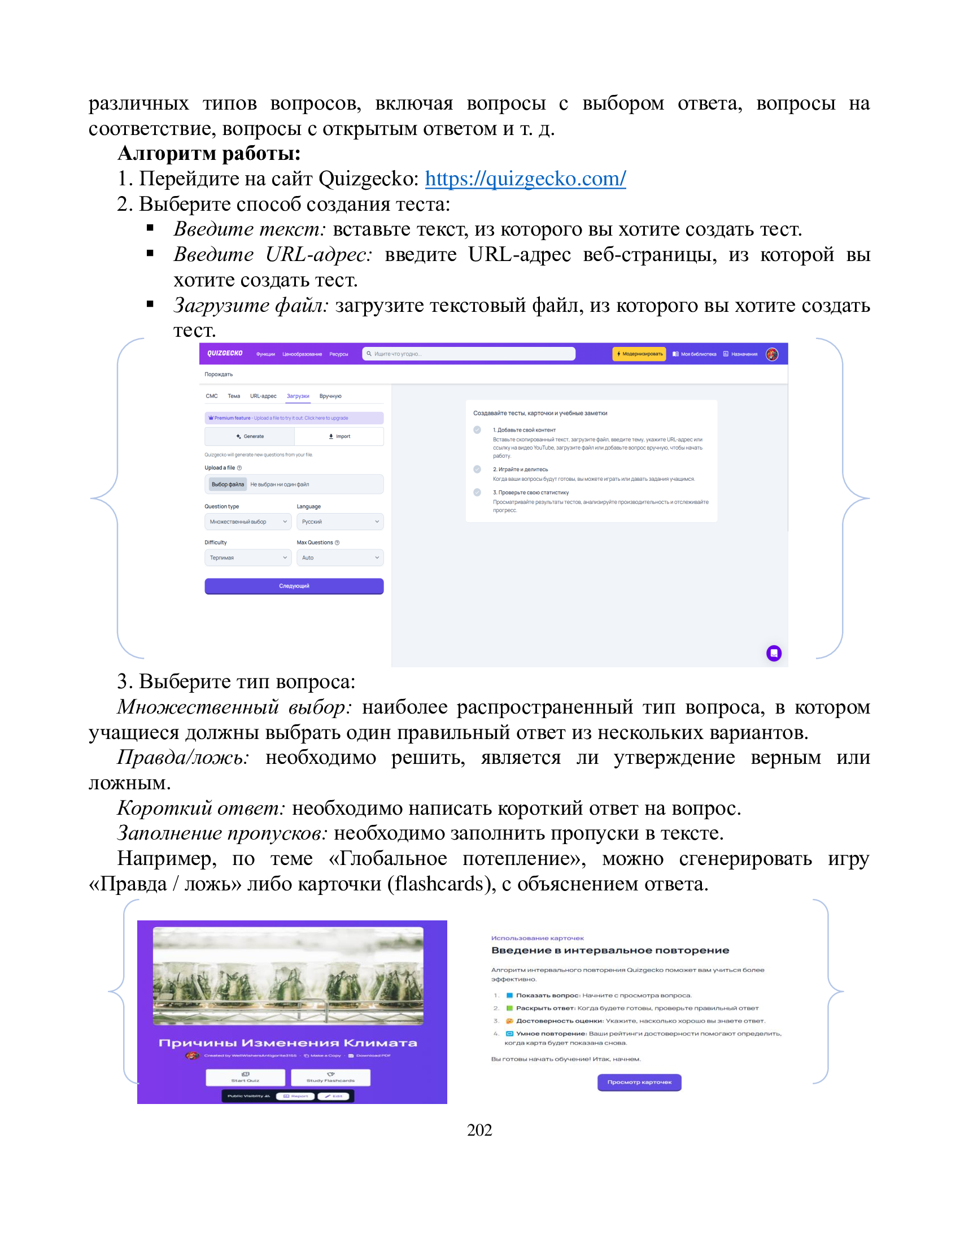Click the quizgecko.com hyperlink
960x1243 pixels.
coord(525,179)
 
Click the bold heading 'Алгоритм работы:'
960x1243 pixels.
coord(209,153)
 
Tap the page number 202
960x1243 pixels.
coord(479,1130)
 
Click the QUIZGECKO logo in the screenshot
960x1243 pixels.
coord(225,354)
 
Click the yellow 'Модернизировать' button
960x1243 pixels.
coord(639,354)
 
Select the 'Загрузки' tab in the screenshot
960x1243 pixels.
coord(298,396)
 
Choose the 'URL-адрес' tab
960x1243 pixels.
coord(263,396)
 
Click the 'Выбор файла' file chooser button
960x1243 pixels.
coord(228,484)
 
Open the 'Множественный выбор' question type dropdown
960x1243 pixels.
coord(247,521)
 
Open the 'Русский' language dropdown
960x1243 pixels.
coord(339,521)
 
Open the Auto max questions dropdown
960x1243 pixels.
coord(339,558)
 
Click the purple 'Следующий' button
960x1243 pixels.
coord(294,586)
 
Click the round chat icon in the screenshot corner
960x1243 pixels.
coord(774,653)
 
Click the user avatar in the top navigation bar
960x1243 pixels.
coord(771,354)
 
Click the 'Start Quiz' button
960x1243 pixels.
coord(245,1077)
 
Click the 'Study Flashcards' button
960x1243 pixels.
coord(330,1077)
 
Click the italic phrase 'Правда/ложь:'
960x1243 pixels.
coord(182,758)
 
